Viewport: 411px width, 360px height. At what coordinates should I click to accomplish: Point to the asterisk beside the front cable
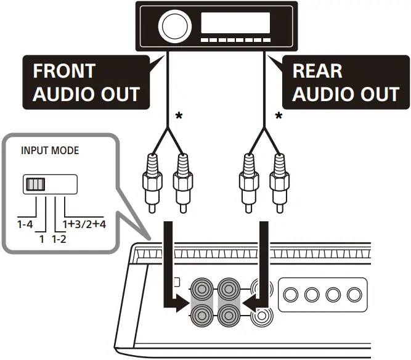179,116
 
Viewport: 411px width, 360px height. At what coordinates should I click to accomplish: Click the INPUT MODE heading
49,150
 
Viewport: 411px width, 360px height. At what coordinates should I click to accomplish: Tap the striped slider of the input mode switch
36,184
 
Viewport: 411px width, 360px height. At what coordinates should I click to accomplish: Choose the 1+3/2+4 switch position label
84,224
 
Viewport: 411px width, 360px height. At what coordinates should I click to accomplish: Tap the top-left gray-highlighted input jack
201,288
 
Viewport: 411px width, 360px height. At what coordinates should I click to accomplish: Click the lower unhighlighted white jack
261,316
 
